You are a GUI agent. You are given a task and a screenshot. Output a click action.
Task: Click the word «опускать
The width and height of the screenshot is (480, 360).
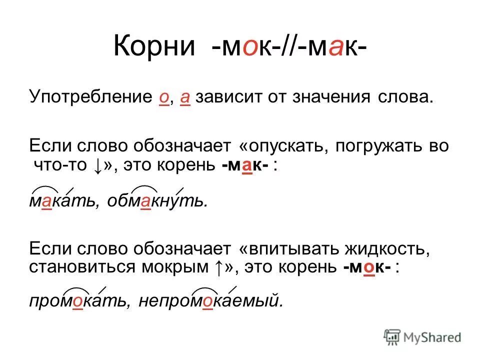[x=283, y=146]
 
